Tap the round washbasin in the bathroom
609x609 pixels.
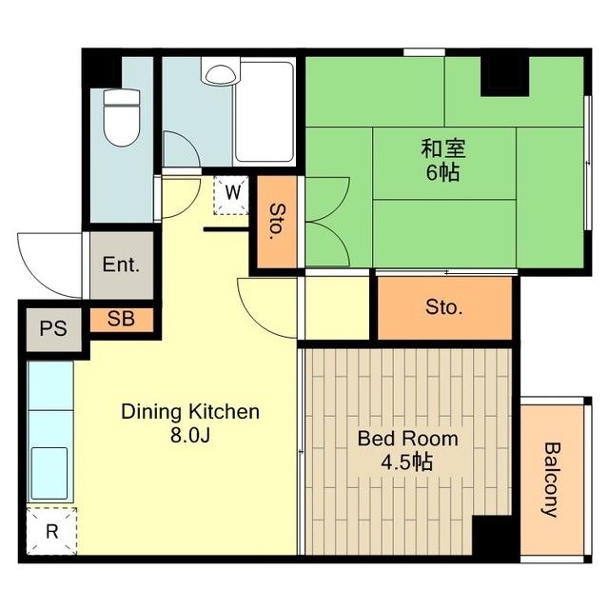point(220,74)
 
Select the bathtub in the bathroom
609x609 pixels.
point(265,112)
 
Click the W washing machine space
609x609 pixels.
point(231,195)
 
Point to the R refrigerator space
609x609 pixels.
point(51,531)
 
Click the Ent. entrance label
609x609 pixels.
point(121,265)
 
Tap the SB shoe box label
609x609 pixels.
point(121,319)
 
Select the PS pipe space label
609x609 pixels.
point(53,328)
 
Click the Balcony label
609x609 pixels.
point(551,480)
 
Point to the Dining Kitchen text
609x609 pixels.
point(190,412)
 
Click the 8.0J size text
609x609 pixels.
point(190,436)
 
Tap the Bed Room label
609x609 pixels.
point(408,439)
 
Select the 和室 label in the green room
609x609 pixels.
point(443,148)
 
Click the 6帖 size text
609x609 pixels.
point(443,172)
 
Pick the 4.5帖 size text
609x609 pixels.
point(406,462)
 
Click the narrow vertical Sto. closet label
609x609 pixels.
point(277,222)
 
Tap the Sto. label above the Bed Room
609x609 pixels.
point(444,307)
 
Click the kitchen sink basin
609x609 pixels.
point(49,473)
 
